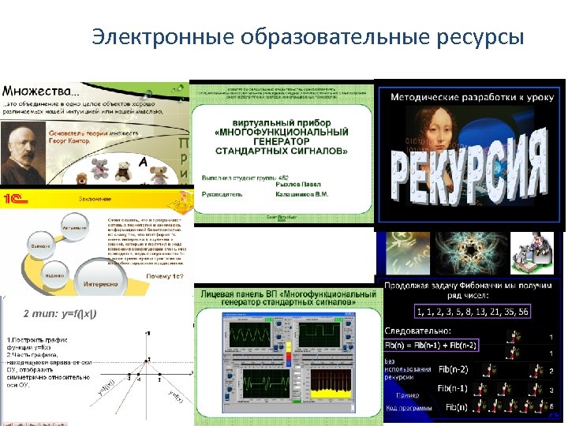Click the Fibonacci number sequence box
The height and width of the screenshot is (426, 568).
tap(473, 311)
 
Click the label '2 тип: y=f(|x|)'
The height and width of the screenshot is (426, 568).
tap(59, 314)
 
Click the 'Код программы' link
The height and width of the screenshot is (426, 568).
tap(409, 408)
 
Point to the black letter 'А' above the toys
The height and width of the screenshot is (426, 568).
tap(144, 162)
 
